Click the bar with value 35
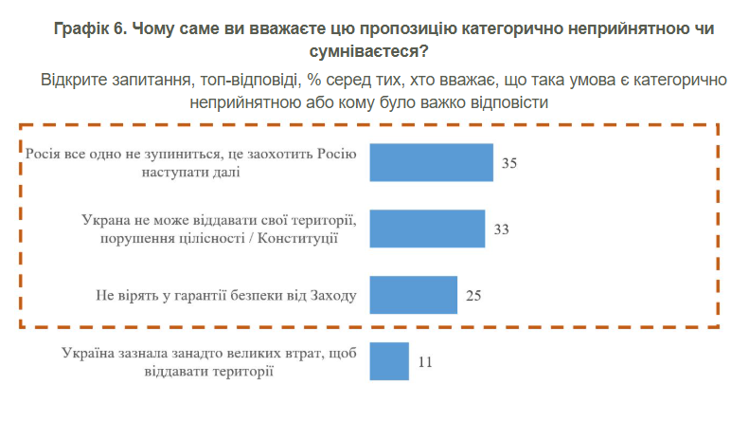click(x=431, y=162)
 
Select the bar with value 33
click(x=426, y=229)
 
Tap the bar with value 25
click(x=413, y=294)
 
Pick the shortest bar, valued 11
click(x=388, y=360)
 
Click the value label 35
click(x=509, y=163)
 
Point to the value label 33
click(x=502, y=229)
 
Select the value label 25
click(x=474, y=295)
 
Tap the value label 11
click(x=425, y=361)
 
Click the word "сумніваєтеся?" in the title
click(x=374, y=51)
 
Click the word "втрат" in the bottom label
click(x=301, y=353)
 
